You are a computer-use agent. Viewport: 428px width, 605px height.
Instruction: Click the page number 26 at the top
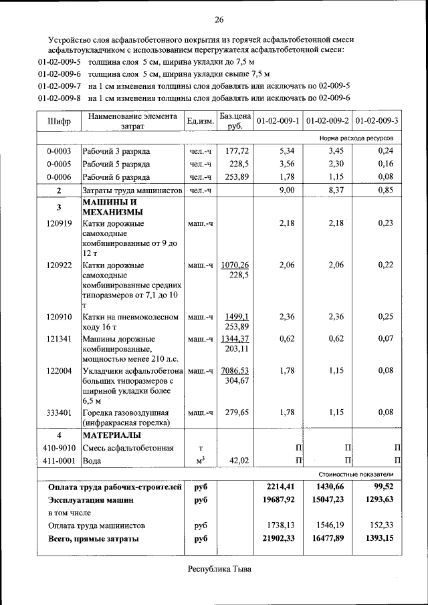[219, 18]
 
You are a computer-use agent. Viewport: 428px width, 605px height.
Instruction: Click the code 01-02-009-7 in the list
[60, 86]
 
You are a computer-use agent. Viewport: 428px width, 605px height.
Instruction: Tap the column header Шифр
[59, 122]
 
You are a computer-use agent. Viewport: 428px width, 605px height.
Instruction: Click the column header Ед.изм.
[200, 121]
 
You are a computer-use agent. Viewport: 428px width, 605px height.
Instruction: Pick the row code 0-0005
[59, 164]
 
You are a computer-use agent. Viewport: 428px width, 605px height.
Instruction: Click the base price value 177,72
[237, 151]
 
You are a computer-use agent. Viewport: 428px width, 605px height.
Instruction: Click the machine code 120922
[59, 265]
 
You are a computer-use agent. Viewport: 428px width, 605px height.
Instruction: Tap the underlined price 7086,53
[235, 370]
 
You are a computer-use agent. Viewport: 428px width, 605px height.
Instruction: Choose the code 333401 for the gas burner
[59, 412]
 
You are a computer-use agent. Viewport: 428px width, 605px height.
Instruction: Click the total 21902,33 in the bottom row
[279, 538]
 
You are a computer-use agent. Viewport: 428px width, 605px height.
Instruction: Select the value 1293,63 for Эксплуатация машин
[381, 499]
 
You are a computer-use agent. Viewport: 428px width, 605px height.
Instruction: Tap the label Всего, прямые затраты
[94, 538]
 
